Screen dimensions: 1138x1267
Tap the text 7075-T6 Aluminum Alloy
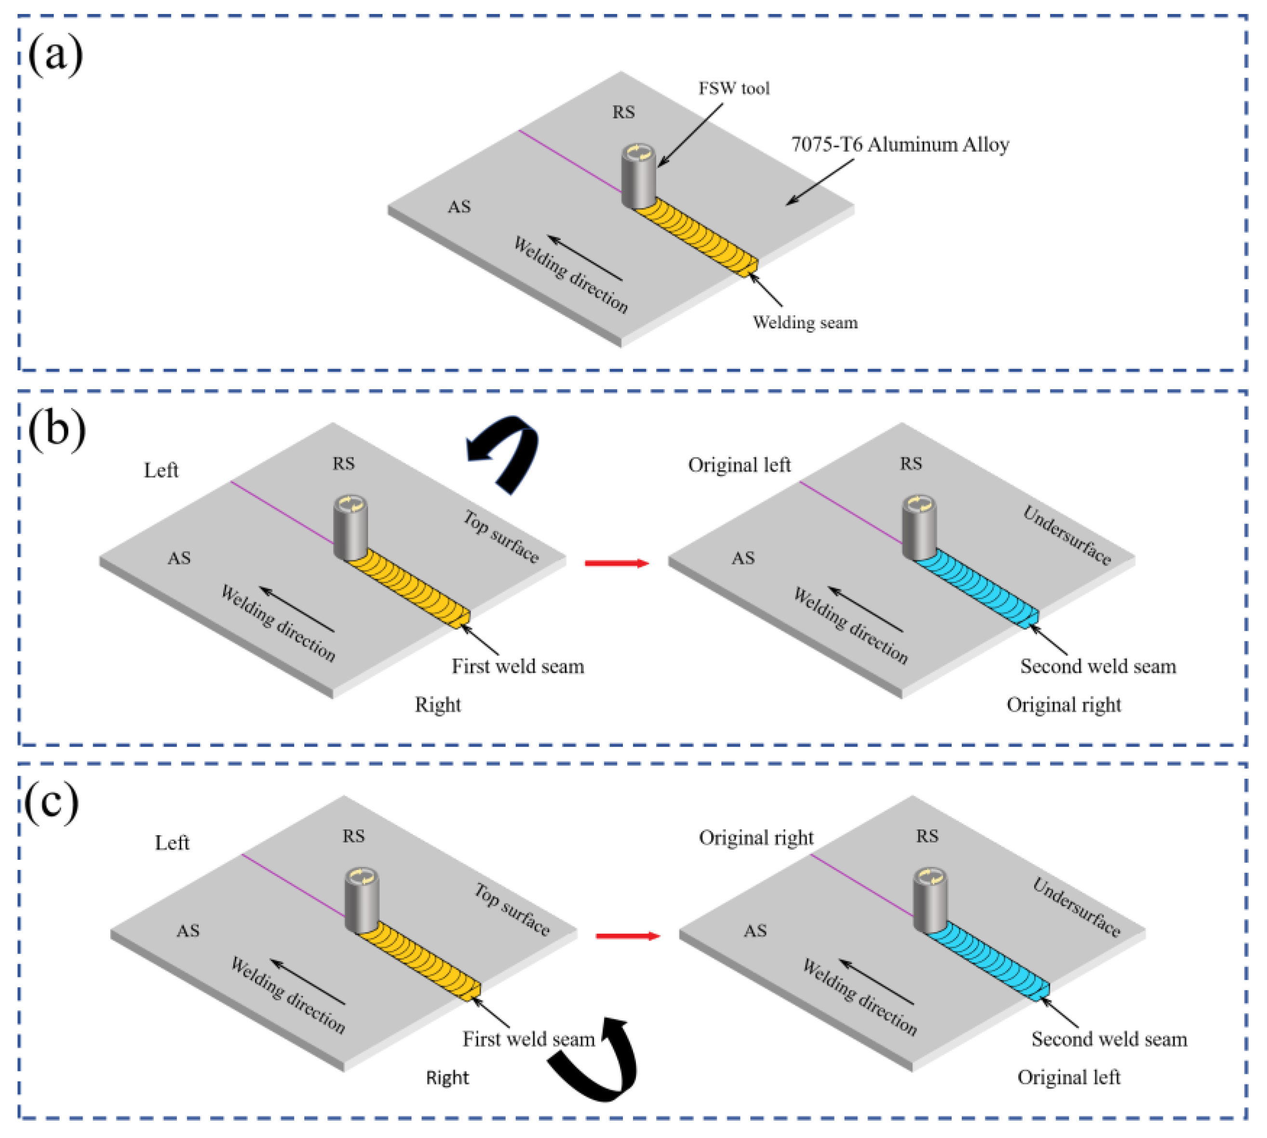click(900, 145)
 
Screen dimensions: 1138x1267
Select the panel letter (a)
click(55, 55)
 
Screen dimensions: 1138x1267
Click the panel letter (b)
click(56, 430)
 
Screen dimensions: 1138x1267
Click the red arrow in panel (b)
click(616, 563)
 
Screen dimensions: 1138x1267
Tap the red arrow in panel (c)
click(627, 936)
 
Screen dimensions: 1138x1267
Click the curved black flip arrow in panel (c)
click(600, 1063)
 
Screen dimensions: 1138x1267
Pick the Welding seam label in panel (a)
click(805, 323)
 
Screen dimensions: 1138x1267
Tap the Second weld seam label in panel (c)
click(1109, 1039)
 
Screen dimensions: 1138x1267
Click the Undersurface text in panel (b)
click(1066, 535)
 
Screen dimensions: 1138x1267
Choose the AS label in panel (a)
click(459, 207)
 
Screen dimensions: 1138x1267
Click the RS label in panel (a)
click(623, 112)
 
